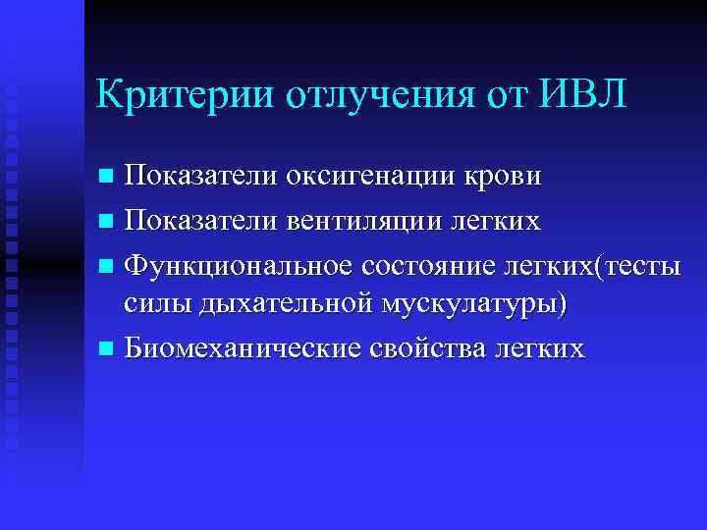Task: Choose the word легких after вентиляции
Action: point(496,219)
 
